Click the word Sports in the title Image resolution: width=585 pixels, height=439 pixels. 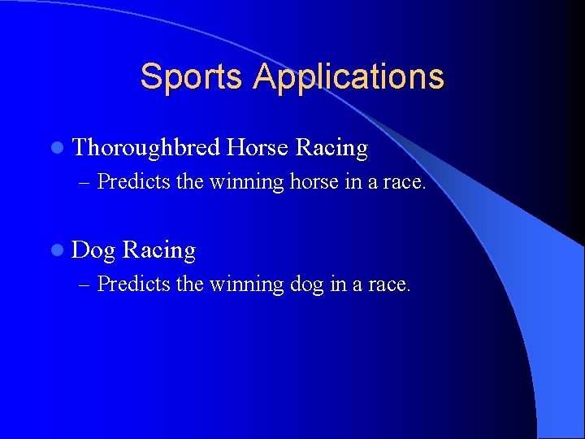click(192, 77)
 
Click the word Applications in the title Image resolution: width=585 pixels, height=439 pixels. click(349, 77)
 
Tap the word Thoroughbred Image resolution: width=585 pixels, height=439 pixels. click(146, 148)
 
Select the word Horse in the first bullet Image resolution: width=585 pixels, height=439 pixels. click(258, 148)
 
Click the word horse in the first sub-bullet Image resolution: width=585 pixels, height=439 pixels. click(313, 182)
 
